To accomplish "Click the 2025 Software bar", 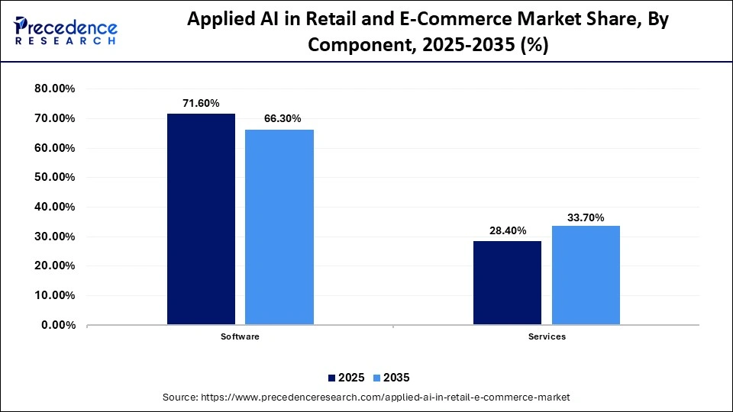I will click(201, 219).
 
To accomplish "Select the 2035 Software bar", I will click(279, 227).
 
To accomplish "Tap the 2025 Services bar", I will click(507, 282).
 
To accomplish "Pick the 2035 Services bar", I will click(586, 275).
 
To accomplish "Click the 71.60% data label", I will click(201, 103).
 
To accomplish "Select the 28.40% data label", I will click(507, 230).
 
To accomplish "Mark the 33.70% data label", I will click(586, 217).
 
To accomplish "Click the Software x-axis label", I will click(240, 337).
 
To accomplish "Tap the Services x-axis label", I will click(546, 337).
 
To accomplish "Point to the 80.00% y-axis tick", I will click(55, 89).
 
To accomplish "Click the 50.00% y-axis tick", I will click(55, 177).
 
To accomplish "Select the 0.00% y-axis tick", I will click(58, 325).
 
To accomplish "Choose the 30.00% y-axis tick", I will click(55, 237).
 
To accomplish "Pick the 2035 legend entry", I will click(392, 378).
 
